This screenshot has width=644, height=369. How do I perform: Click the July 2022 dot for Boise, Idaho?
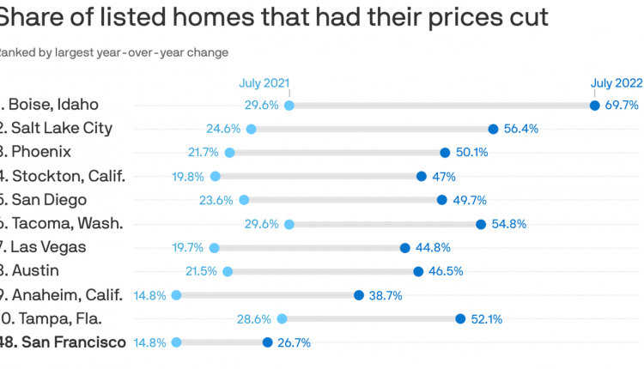tap(594, 106)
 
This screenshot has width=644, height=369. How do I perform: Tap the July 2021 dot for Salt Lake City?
tap(251, 129)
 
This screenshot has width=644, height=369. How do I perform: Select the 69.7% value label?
tap(622, 106)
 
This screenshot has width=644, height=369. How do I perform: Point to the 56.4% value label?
tap(520, 129)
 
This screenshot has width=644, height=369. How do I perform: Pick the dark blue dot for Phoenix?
tap(445, 153)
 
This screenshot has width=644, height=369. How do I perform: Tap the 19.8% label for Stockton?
tap(189, 177)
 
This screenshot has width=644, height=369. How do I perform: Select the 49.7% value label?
tap(470, 200)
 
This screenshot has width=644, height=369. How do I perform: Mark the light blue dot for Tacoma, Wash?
tap(289, 224)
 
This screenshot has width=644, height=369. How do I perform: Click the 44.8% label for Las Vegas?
tap(433, 248)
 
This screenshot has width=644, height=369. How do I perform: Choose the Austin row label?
tap(35, 271)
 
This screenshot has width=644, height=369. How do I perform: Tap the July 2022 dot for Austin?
tap(418, 271)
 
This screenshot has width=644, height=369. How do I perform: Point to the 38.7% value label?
tap(386, 295)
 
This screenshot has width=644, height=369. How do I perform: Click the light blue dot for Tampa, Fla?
tap(282, 318)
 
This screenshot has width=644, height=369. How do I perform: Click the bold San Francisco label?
tap(73, 342)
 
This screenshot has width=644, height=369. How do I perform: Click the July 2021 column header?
tap(264, 83)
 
